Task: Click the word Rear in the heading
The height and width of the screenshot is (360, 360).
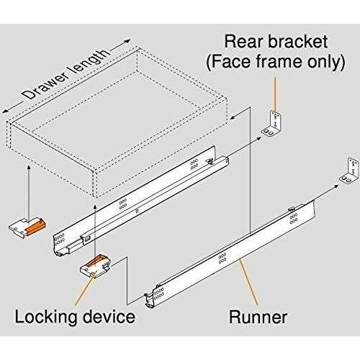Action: [x=244, y=40]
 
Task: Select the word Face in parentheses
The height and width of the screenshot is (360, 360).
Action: [x=237, y=62]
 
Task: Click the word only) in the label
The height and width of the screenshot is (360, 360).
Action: [x=322, y=62]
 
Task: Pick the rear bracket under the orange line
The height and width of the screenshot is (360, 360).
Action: [x=274, y=122]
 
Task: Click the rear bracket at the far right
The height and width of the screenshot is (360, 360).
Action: [x=348, y=169]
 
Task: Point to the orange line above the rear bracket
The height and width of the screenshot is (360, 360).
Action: [x=274, y=91]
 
